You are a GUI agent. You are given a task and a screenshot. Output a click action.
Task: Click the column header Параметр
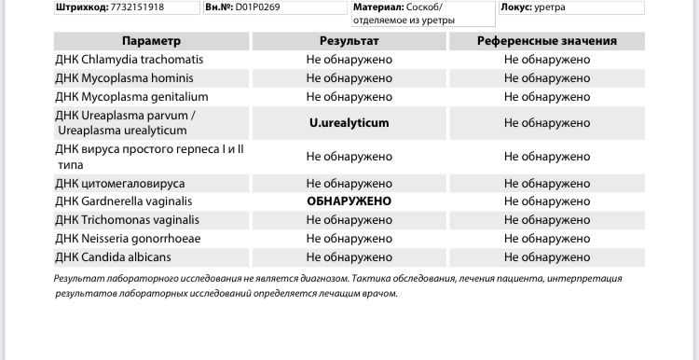151,41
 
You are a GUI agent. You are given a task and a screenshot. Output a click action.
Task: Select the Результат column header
349,41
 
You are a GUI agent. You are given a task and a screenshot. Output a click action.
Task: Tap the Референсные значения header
546,41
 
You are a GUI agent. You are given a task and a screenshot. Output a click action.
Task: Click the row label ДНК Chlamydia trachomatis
129,60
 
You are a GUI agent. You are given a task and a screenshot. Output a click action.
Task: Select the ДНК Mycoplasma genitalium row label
131,97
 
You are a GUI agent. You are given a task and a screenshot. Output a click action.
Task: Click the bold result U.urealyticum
349,123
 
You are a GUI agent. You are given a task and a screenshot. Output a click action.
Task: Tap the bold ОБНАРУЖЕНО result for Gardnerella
349,201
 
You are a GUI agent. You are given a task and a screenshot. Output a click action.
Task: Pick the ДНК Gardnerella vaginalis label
123,201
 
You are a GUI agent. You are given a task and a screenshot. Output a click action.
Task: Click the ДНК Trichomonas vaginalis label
127,220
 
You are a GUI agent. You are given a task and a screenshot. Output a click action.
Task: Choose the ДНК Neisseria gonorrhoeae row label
128,239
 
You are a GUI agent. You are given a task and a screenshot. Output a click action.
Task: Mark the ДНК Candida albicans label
113,257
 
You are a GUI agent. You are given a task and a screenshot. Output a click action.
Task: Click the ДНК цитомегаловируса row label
119,184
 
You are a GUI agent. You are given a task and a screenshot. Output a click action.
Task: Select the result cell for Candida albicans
349,257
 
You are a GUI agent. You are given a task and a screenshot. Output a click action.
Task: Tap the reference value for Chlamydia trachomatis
546,60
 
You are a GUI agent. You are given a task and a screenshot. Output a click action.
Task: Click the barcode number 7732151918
137,7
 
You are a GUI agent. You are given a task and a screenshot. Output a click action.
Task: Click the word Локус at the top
515,7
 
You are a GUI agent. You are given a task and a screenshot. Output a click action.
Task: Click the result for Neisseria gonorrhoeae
349,239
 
